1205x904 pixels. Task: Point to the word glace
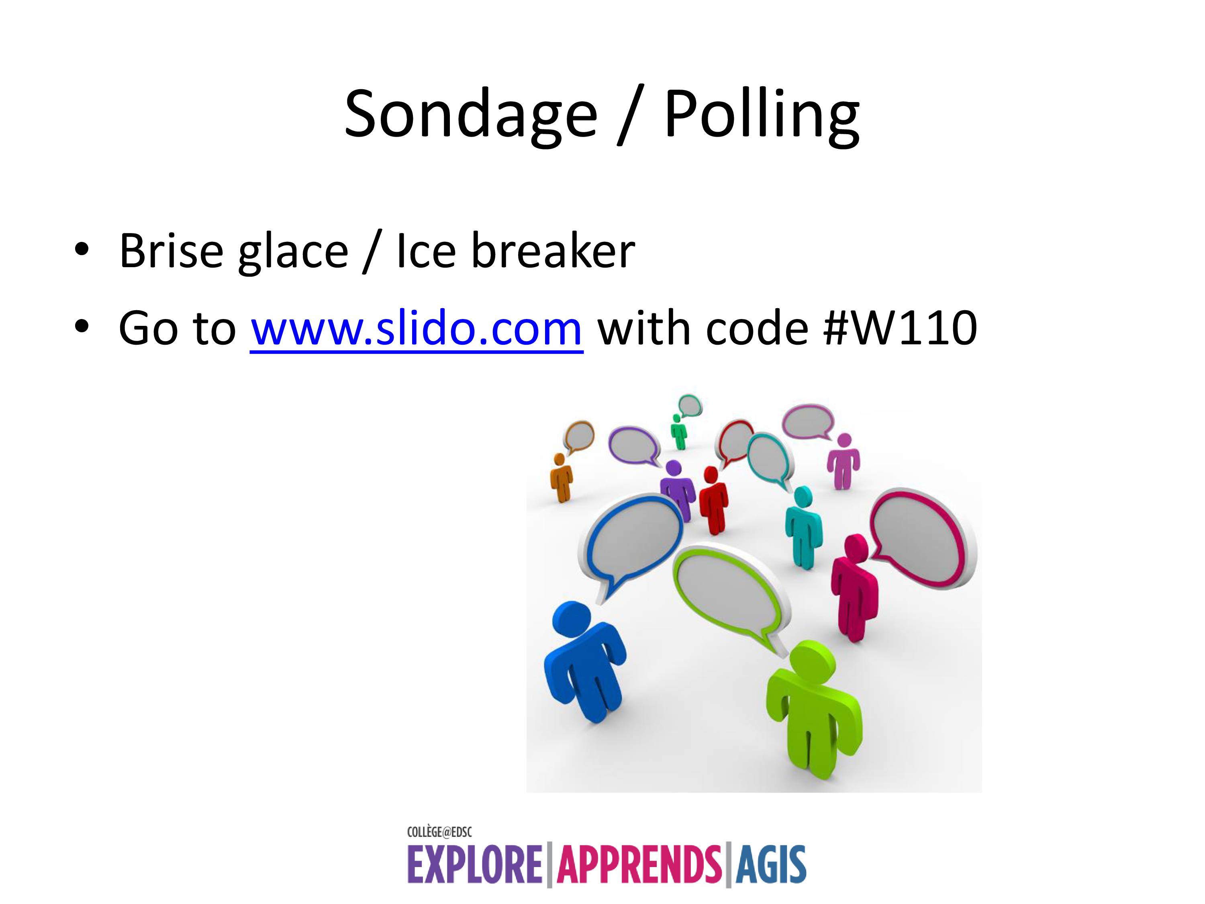293,254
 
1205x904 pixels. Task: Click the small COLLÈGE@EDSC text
439,832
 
